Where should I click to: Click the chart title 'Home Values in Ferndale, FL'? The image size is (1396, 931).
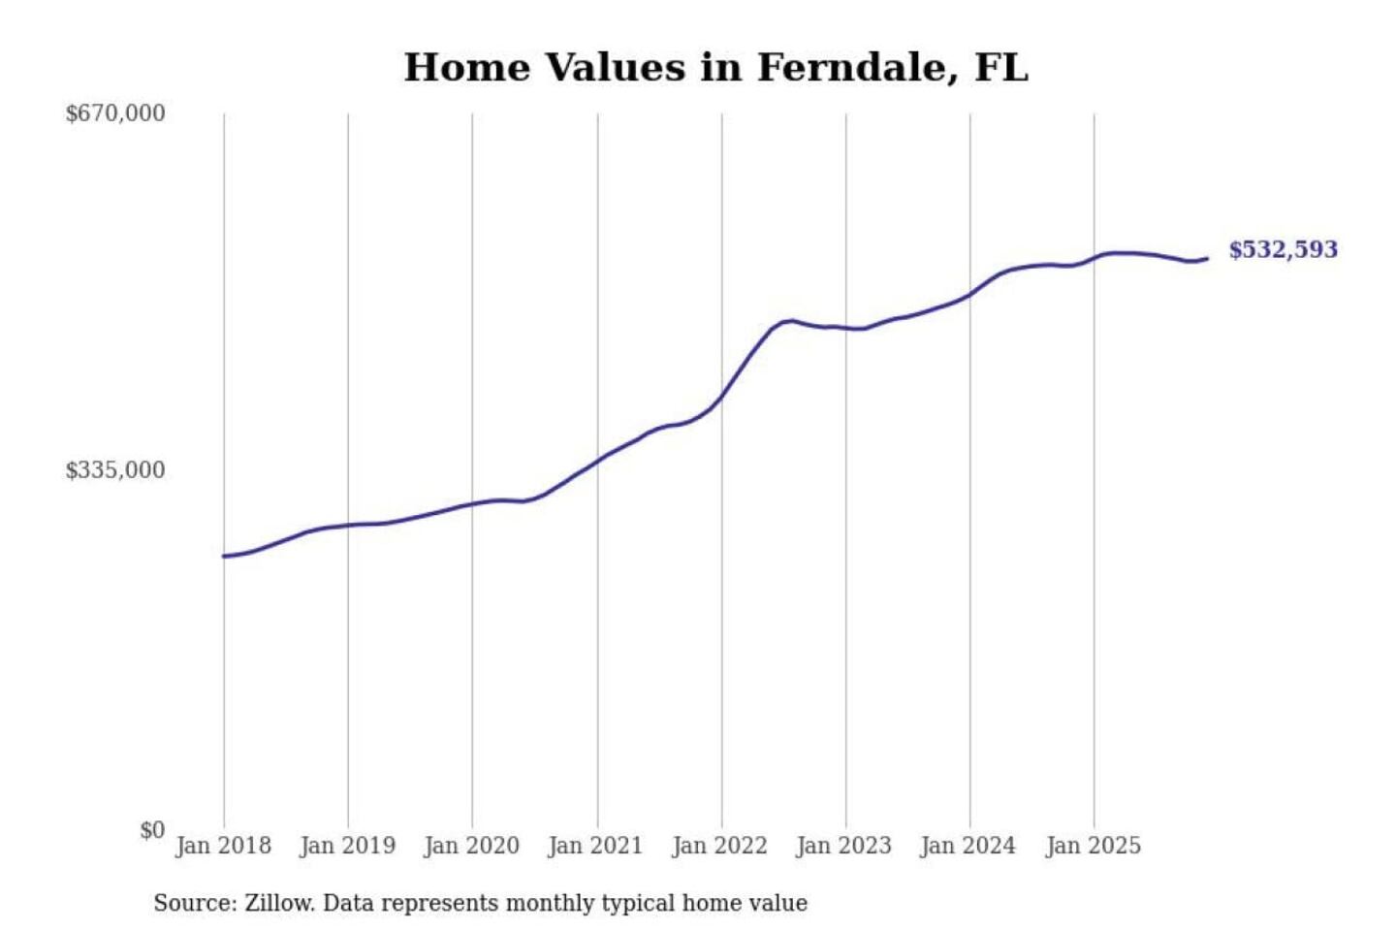715,68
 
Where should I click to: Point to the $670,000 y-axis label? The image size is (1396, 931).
115,113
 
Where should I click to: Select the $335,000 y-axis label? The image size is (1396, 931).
115,470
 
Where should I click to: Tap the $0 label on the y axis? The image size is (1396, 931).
152,830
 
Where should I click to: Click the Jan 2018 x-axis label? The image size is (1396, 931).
223,846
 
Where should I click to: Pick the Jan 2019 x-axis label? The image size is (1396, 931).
348,846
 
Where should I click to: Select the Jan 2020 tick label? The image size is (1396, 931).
472,846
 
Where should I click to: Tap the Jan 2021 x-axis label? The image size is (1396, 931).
595,846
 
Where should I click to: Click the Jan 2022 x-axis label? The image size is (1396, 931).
719,846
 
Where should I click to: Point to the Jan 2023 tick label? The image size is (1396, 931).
843,846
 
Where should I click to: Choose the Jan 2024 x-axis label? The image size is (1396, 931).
968,846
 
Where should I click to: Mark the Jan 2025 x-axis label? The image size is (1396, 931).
1093,846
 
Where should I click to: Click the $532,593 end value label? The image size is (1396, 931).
1283,250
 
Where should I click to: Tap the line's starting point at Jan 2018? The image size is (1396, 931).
224,556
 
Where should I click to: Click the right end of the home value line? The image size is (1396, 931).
1207,259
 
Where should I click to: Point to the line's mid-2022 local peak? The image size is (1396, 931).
791,320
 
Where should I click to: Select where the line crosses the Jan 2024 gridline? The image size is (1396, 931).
970,293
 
